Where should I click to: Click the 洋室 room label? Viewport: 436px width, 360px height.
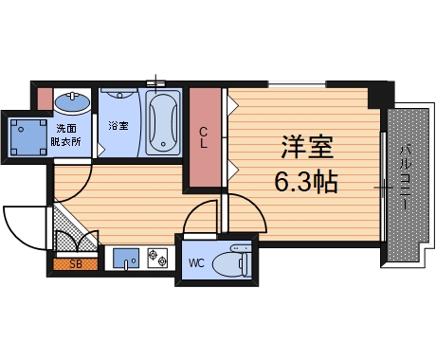(307, 147)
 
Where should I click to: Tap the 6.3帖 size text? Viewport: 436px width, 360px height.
(306, 182)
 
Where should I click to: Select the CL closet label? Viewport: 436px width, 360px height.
(204, 137)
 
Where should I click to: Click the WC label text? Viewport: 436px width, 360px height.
(196, 262)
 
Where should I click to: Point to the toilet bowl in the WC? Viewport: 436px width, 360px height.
(231, 262)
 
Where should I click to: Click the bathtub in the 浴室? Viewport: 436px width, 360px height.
(163, 122)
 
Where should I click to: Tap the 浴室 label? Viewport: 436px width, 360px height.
(118, 126)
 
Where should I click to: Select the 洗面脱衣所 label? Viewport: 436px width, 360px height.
(65, 135)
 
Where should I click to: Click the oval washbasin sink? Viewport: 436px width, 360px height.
(72, 101)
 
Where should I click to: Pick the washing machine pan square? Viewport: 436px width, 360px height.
(27, 137)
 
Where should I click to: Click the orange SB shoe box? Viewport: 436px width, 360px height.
(76, 264)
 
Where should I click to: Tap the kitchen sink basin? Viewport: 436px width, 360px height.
(126, 258)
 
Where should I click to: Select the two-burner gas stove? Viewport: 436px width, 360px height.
(157, 258)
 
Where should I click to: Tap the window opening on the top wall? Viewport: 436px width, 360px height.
(297, 84)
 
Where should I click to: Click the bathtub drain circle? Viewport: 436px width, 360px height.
(163, 144)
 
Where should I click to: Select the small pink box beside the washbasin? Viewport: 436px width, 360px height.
(45, 99)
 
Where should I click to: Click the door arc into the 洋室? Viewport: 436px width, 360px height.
(254, 206)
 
